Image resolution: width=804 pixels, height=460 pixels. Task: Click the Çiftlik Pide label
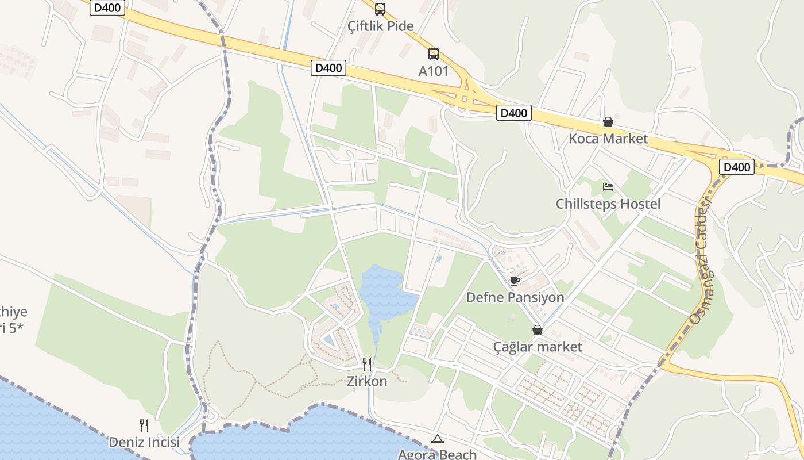click(x=381, y=26)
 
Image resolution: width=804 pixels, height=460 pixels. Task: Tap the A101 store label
click(x=434, y=71)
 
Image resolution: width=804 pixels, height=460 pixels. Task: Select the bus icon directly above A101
click(x=434, y=54)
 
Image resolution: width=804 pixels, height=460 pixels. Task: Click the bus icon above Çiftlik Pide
click(x=380, y=9)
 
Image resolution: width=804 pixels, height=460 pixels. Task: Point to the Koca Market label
click(x=608, y=139)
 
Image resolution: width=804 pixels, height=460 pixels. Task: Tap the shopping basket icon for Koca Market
click(x=608, y=122)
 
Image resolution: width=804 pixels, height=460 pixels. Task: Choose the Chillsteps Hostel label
click(x=608, y=204)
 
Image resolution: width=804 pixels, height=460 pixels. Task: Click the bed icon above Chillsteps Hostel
click(x=608, y=186)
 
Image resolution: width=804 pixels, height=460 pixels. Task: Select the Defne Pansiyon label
click(x=515, y=297)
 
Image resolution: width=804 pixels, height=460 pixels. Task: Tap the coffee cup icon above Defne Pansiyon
click(x=515, y=281)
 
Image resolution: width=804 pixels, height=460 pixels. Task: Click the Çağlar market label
click(x=538, y=347)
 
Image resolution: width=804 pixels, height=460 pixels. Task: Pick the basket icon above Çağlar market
click(x=538, y=330)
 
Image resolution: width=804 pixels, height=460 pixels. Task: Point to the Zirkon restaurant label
click(x=367, y=381)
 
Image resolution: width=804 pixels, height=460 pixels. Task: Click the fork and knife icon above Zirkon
click(x=367, y=364)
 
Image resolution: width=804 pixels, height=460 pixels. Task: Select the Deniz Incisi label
click(x=144, y=442)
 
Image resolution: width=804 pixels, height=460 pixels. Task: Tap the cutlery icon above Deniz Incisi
click(x=144, y=425)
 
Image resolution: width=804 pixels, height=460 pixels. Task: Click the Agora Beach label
click(x=438, y=454)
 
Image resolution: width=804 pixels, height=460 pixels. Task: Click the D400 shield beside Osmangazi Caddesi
click(x=737, y=167)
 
